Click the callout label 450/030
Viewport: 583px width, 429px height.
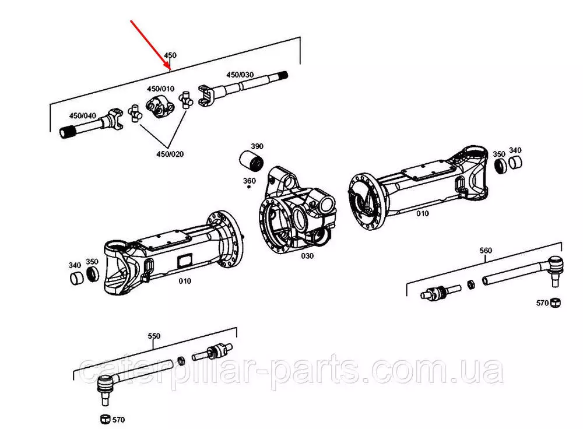pyautogui.click(x=240, y=75)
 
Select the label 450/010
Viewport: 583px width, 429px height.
pyautogui.click(x=160, y=89)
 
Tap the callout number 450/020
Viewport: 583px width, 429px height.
pyautogui.click(x=170, y=154)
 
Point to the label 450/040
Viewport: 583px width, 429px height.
pyautogui.click(x=83, y=116)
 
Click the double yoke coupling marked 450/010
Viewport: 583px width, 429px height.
pyautogui.click(x=160, y=107)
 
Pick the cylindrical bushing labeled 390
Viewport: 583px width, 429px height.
pyautogui.click(x=251, y=161)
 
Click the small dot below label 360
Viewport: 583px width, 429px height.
pyautogui.click(x=249, y=187)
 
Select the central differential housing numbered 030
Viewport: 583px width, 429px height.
pyautogui.click(x=297, y=212)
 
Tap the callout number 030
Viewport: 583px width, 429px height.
pyautogui.click(x=307, y=256)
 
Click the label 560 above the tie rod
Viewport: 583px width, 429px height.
pyautogui.click(x=486, y=251)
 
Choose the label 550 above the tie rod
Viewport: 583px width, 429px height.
pyautogui.click(x=154, y=336)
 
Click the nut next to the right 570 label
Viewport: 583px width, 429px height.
pyautogui.click(x=555, y=303)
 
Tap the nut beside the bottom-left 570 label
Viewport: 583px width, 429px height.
pyautogui.click(x=105, y=419)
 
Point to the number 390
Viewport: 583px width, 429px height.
pyautogui.click(x=257, y=146)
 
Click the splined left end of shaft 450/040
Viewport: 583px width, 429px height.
pyautogui.click(x=68, y=132)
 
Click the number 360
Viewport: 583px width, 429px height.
pyautogui.click(x=250, y=181)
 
